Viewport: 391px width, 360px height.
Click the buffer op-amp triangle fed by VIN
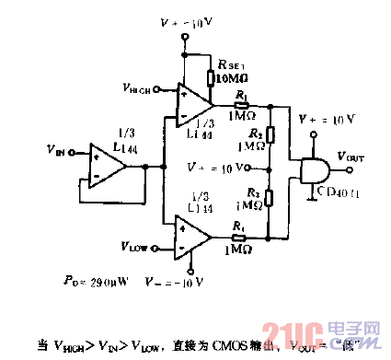coord(105,167)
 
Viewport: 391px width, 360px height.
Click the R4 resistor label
coord(240,225)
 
